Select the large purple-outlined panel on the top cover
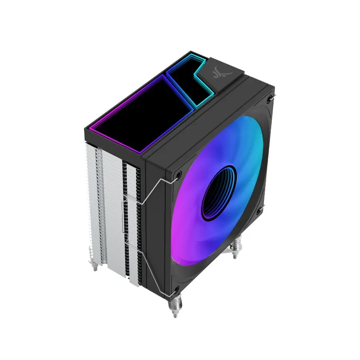(x=138, y=113)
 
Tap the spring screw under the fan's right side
(x=236, y=246)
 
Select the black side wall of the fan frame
(x=158, y=224)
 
